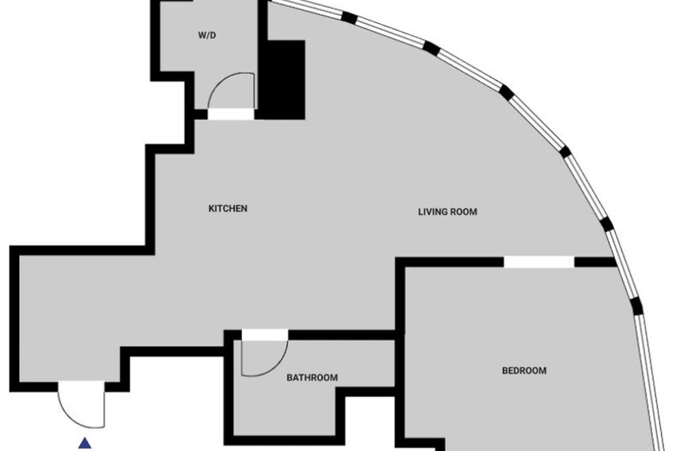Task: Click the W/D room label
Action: tap(207, 36)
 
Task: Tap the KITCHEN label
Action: tap(228, 209)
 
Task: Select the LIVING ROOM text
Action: tap(447, 212)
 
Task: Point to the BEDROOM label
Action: tap(524, 371)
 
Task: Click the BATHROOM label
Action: tap(312, 378)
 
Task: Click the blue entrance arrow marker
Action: tap(86, 443)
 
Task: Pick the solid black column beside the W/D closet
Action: tap(282, 80)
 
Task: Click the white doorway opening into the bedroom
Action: tap(539, 261)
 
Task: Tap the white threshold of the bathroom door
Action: tap(265, 335)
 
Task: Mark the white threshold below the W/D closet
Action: tap(231, 114)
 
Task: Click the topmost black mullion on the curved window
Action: tap(349, 17)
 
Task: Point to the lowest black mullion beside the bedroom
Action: tap(637, 306)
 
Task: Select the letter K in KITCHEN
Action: tap(211, 209)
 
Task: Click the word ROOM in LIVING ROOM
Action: tap(465, 212)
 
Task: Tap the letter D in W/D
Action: tap(213, 36)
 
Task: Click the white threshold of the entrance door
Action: tap(82, 386)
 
